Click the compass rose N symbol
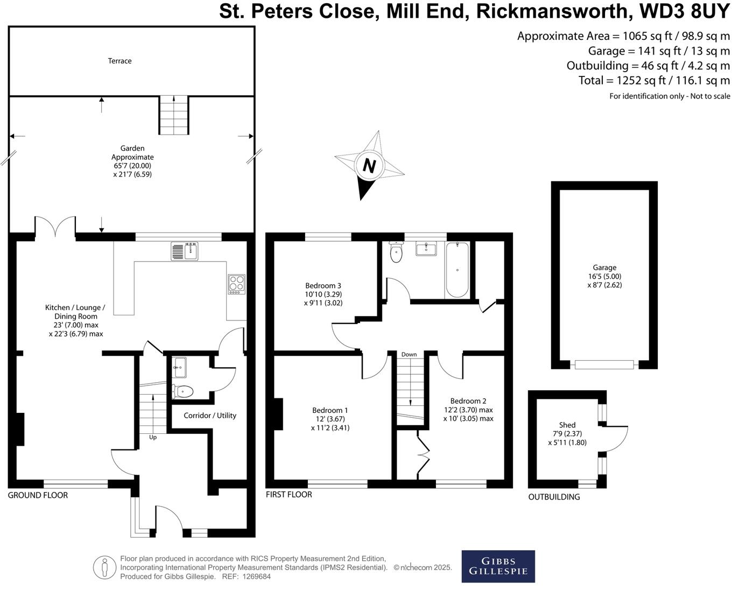[369, 165]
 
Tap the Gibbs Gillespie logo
[498, 566]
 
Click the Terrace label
[119, 61]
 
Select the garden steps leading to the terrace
[174, 115]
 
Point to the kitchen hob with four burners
[236, 284]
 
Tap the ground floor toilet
[184, 391]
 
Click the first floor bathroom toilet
[396, 252]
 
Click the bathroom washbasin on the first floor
[426, 249]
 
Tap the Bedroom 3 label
[323, 294]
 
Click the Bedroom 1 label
[331, 419]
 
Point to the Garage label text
[604, 268]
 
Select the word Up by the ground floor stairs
[153, 437]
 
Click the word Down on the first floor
[409, 354]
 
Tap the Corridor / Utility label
[210, 416]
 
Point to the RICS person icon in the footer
[104, 567]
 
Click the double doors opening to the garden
[55, 226]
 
